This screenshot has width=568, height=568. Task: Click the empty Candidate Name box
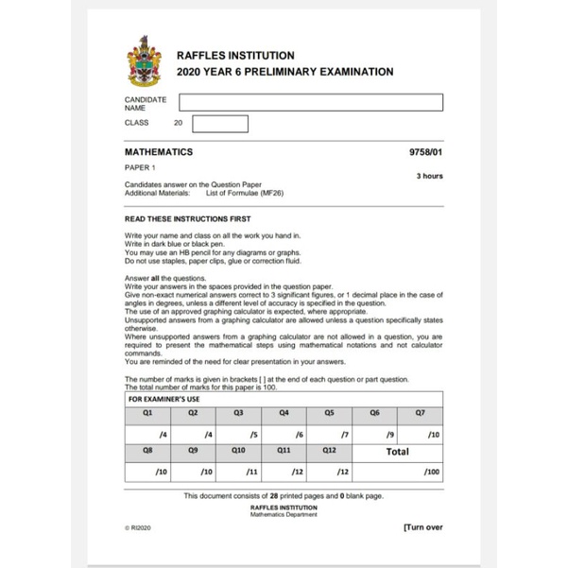[x=311, y=102]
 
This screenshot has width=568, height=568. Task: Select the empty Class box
[x=219, y=123]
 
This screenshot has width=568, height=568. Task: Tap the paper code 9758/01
[x=425, y=151]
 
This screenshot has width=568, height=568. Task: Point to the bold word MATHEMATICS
[x=159, y=151]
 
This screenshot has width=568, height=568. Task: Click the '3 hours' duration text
[x=429, y=176]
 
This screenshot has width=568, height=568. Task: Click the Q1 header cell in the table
[x=147, y=412]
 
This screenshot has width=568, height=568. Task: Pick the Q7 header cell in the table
[x=421, y=412]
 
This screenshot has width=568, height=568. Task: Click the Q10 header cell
[x=238, y=451]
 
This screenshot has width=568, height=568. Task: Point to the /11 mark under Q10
[x=252, y=470]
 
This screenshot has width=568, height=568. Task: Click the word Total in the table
[x=397, y=451]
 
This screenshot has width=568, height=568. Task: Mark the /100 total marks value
[x=432, y=470]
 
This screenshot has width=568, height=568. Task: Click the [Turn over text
[x=422, y=527]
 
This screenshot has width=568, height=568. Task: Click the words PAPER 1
[x=142, y=167]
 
